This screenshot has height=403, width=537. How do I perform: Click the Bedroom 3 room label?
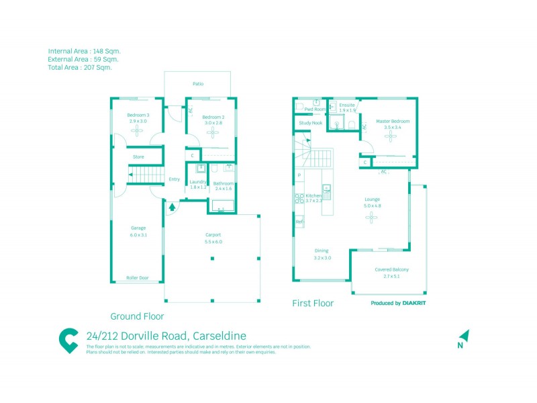click(138, 116)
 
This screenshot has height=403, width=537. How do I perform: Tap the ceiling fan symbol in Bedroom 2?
click(213, 132)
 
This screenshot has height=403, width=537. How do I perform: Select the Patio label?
click(198, 84)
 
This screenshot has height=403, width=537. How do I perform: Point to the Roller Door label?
click(138, 277)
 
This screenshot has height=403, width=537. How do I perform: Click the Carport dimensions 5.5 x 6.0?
click(213, 242)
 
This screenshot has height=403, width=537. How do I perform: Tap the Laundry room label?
click(198, 182)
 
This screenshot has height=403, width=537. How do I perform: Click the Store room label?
click(138, 156)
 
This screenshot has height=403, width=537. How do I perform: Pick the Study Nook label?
click(310, 123)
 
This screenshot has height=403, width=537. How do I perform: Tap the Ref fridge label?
click(299, 222)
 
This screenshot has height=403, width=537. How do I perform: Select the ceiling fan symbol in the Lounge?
click(372, 217)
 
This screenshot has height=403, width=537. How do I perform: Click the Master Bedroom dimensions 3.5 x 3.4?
click(393, 128)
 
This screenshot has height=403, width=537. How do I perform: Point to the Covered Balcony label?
click(391, 269)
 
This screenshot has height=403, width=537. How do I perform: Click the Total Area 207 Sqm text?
click(80, 67)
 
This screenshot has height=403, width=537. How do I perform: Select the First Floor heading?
click(313, 304)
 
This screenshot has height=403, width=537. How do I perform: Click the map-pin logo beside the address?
click(68, 341)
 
